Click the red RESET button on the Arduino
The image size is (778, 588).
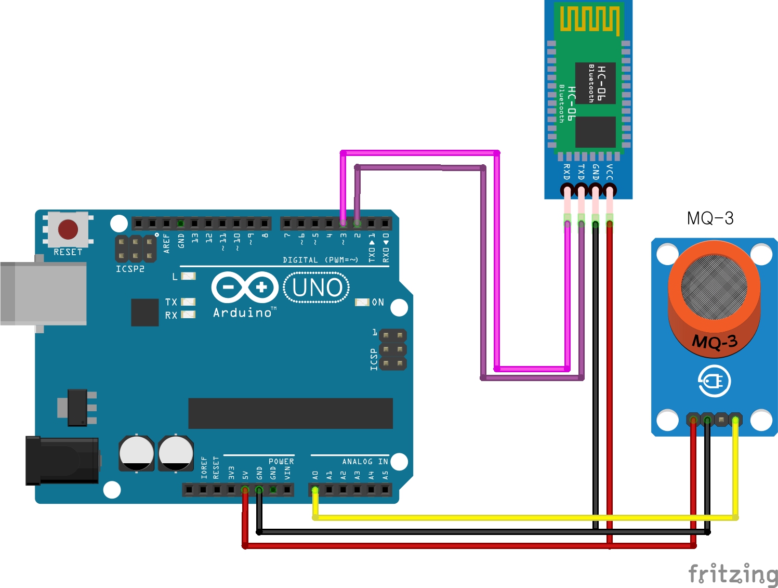pyautogui.click(x=68, y=229)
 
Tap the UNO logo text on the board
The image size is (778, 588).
pyautogui.click(x=317, y=288)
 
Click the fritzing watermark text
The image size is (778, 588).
pyautogui.click(x=733, y=574)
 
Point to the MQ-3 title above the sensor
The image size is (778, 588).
pyautogui.click(x=710, y=218)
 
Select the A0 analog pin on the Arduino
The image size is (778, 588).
pyautogui.click(x=315, y=490)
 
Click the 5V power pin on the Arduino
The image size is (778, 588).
pyautogui.click(x=245, y=490)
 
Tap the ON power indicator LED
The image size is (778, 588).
pyautogui.click(x=362, y=302)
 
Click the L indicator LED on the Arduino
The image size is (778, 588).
pyautogui.click(x=188, y=276)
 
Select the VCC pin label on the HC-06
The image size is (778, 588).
pyautogui.click(x=610, y=172)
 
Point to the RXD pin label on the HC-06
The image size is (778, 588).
pyautogui.click(x=567, y=172)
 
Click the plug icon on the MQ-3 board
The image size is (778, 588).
pyautogui.click(x=714, y=382)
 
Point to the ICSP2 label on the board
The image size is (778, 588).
pyautogui.click(x=130, y=269)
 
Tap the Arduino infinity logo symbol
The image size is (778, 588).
pyautogui.click(x=245, y=287)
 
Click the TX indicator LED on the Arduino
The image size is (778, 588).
pyautogui.click(x=188, y=302)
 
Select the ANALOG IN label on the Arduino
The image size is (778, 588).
pyautogui.click(x=365, y=462)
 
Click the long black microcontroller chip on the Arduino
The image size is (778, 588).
pyautogui.click(x=290, y=413)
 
